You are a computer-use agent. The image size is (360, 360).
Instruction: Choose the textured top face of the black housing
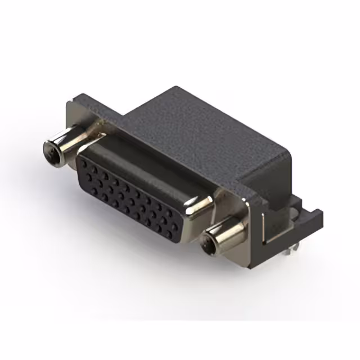pyautogui.click(x=197, y=129)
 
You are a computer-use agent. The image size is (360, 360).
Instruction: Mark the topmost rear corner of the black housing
pyautogui.click(x=176, y=87)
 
